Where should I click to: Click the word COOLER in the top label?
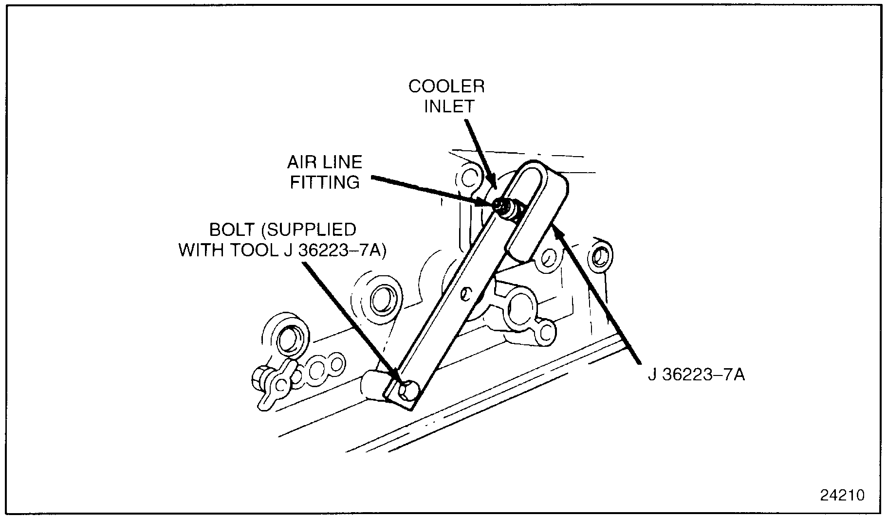(446, 87)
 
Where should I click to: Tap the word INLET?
(449, 107)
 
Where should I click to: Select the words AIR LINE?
(325, 162)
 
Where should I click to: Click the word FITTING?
(325, 182)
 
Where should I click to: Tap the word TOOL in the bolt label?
(253, 250)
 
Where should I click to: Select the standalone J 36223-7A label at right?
(696, 375)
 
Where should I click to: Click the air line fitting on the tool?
(504, 208)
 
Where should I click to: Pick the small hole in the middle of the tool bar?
(466, 293)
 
